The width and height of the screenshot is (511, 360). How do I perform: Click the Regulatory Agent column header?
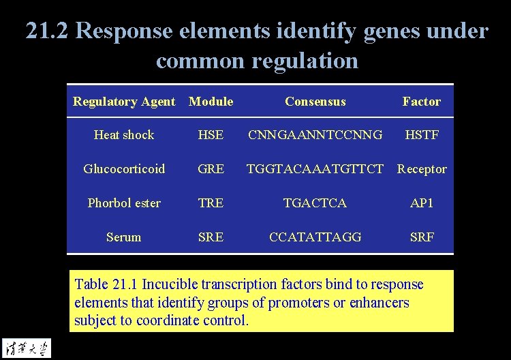(x=124, y=102)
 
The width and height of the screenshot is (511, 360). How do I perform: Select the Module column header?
(x=211, y=102)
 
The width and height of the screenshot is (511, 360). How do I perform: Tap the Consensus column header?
(x=315, y=102)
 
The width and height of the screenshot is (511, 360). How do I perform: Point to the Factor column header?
(x=421, y=102)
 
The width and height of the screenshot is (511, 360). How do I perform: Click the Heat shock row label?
(x=124, y=135)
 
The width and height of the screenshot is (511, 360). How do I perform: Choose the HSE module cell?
(x=211, y=135)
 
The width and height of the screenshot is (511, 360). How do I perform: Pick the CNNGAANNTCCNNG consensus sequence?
(x=315, y=135)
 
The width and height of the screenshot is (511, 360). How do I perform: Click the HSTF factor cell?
(x=421, y=135)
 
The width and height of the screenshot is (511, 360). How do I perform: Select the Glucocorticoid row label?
(x=124, y=169)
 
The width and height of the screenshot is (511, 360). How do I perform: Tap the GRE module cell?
(x=211, y=169)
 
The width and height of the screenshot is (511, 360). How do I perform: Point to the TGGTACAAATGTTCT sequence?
(x=315, y=169)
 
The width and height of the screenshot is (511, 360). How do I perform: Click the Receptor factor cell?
(x=422, y=169)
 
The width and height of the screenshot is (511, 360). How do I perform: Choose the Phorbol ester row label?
(x=124, y=203)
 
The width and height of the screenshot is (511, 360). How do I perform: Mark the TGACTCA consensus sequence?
(x=315, y=203)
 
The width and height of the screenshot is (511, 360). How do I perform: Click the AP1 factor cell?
(x=421, y=203)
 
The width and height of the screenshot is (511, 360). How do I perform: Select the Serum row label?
(x=124, y=237)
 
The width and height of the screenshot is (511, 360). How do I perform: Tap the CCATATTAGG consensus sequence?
(x=315, y=237)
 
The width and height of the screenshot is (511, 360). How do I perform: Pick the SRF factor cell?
(x=421, y=237)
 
